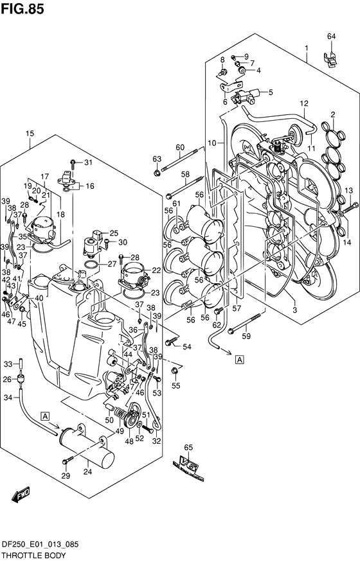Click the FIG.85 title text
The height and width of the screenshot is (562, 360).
(22, 8)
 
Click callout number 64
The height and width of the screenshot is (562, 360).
(331, 36)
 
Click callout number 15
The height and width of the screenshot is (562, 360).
(30, 134)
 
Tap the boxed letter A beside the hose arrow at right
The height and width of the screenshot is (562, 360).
(239, 359)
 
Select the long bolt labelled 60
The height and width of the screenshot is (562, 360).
(181, 160)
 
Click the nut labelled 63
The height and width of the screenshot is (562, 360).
(157, 173)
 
